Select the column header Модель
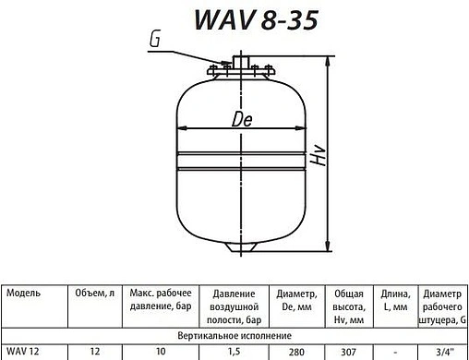25,291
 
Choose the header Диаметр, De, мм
297,298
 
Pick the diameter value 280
297,353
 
